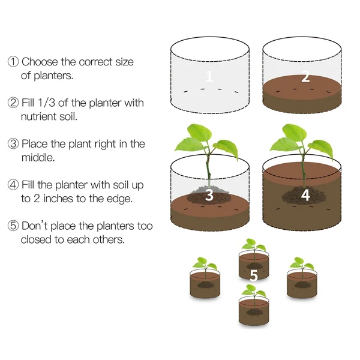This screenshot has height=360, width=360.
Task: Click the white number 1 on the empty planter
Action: [x=209, y=76]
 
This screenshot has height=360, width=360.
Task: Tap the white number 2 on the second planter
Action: [x=305, y=77]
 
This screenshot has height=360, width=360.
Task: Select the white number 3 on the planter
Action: [x=209, y=195]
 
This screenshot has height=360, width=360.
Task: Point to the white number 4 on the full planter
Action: [x=305, y=195]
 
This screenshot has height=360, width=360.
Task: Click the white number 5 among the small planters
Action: [x=254, y=275]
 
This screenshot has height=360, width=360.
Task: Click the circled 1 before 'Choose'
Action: [x=13, y=62]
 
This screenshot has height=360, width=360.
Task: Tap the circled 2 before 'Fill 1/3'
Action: [x=13, y=103]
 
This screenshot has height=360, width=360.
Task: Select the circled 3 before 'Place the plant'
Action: [x=13, y=144]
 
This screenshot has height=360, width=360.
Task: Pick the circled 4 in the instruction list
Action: [x=13, y=185]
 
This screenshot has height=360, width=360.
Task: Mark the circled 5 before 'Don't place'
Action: [x=13, y=226]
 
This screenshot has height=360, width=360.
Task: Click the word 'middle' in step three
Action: [x=38, y=157]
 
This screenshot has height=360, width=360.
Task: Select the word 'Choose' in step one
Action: [x=41, y=62]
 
